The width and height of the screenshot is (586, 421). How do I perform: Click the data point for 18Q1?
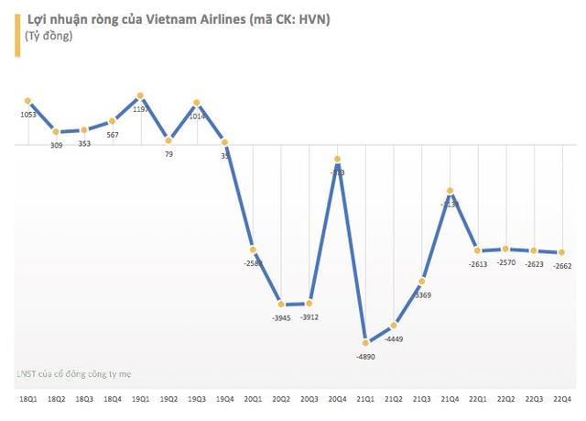[28, 101]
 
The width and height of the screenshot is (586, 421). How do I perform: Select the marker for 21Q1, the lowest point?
[366, 341]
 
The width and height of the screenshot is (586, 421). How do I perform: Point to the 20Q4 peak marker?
[338, 160]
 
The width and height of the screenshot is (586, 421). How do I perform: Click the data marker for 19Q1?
[140, 95]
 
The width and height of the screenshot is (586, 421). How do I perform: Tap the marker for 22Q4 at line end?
[562, 252]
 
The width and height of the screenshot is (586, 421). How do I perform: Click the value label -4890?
[366, 358]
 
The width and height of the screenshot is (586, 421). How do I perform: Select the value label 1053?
[28, 116]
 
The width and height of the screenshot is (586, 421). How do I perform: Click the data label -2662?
[562, 267]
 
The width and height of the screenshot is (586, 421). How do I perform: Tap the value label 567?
[113, 135]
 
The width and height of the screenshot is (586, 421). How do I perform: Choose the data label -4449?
[395, 340]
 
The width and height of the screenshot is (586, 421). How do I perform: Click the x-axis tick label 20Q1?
[254, 398]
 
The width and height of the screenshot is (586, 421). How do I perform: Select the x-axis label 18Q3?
[84, 398]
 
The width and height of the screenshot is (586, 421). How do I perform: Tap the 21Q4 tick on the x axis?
[450, 398]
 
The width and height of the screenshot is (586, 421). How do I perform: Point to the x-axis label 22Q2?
[506, 398]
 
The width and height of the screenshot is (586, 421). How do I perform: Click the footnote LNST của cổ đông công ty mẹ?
[72, 373]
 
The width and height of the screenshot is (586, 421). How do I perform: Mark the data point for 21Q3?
[422, 280]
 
